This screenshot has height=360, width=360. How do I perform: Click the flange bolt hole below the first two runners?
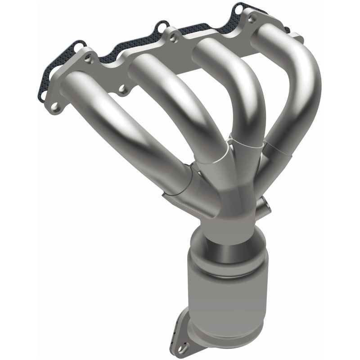[x=121, y=93]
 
